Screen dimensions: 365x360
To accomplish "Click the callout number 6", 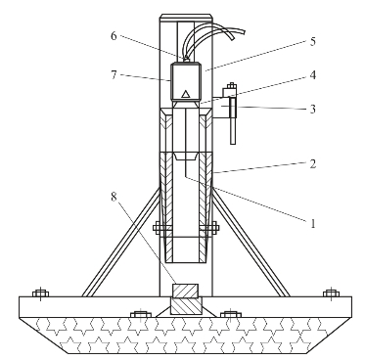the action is (114, 36).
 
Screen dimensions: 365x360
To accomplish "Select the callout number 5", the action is (312, 42).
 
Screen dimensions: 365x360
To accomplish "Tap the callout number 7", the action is (114, 75).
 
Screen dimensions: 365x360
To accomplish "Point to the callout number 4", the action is (312, 75).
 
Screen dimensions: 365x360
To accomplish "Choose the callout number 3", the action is (312, 109).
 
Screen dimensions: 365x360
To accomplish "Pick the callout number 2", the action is (312, 164).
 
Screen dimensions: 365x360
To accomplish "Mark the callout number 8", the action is (114, 197).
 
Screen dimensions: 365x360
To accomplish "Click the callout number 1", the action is (312, 224).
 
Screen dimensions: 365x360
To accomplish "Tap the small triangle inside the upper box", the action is (185, 94).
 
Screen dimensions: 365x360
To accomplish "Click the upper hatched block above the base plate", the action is (185, 291).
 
